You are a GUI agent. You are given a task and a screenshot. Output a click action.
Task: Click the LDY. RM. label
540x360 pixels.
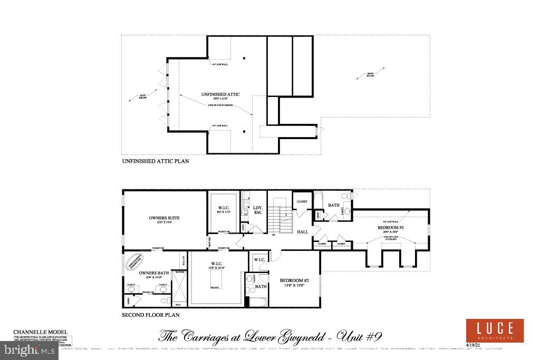(258, 209)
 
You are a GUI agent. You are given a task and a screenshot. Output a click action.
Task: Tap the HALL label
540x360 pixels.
(302, 231)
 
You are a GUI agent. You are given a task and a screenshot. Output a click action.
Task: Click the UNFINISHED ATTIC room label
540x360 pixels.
(220, 94)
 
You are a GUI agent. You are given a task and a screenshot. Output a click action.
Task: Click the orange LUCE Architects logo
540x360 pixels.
(494, 330)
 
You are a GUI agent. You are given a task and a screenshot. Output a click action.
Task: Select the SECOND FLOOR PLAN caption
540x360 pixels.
(151, 315)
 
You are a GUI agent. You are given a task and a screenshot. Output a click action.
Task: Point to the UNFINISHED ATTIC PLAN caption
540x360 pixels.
(156, 161)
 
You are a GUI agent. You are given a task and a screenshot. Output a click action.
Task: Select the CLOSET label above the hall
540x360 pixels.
(302, 201)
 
